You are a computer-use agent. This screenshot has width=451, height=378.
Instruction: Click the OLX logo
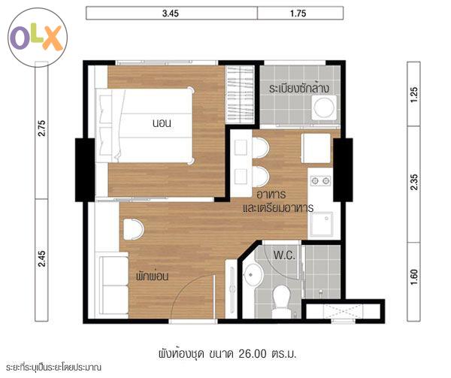click(38, 38)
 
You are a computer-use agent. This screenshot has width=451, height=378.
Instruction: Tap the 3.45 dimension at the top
click(171, 14)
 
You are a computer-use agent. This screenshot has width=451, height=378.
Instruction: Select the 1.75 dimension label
click(298, 14)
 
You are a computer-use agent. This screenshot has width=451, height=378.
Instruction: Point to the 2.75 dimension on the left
click(41, 129)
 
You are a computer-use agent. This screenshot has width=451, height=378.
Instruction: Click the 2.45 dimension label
click(41, 259)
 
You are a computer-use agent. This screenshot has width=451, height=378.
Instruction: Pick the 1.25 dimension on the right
click(413, 95)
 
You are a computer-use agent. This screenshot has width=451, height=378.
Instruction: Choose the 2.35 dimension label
click(413, 182)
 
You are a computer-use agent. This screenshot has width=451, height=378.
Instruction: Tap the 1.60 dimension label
click(413, 277)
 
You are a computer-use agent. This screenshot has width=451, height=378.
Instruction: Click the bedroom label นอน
click(162, 123)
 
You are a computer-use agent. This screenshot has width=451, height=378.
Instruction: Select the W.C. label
click(284, 255)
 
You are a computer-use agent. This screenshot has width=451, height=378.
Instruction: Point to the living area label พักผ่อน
click(152, 276)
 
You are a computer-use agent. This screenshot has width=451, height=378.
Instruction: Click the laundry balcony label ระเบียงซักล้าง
click(299, 88)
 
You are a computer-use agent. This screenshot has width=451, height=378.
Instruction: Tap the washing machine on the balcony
click(324, 107)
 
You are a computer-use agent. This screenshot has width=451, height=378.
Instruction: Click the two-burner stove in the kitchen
click(320, 181)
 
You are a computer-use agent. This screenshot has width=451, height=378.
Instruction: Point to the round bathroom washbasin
click(253, 275)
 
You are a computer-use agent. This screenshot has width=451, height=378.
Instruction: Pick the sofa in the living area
click(112, 285)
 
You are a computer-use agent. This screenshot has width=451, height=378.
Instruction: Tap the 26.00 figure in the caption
click(253, 354)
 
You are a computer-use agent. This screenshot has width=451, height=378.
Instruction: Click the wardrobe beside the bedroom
click(240, 95)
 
